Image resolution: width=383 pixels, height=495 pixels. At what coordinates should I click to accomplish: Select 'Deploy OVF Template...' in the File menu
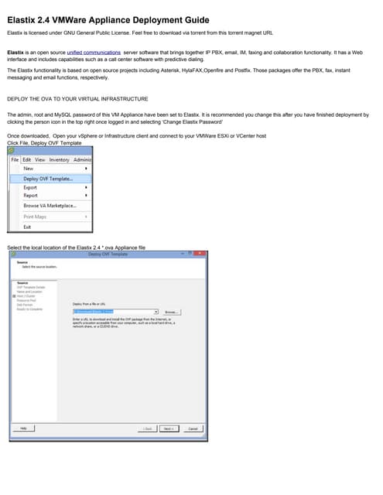coord(48,178)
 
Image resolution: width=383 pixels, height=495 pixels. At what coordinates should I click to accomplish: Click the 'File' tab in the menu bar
coord(15,159)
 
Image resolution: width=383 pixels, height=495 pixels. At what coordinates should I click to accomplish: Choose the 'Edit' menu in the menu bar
coord(26,159)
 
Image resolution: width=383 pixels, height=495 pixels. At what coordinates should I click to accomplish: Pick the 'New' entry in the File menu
coord(29,168)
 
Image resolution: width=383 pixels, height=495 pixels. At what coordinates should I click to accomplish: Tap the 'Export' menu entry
coord(30,187)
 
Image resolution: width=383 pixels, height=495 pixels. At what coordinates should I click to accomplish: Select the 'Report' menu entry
coord(30,196)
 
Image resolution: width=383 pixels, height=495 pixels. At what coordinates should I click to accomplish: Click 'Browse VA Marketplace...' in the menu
coord(50,206)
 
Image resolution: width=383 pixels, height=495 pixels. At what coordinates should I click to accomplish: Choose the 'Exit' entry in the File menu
coord(27,227)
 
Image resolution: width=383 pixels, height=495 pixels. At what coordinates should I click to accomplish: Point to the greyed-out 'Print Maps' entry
coord(35,217)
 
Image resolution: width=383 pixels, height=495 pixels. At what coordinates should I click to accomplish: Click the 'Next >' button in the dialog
coord(169,428)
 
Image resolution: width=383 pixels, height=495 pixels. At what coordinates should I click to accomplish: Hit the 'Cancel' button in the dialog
coord(193,428)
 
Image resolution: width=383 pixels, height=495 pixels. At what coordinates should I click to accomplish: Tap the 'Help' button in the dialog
coord(23,428)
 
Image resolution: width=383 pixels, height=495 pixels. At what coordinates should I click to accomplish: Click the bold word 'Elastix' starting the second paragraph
coord(15,53)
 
